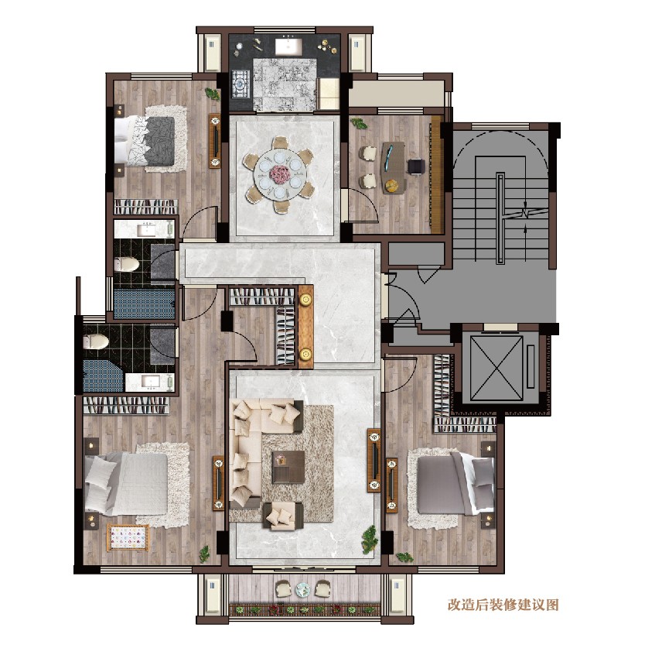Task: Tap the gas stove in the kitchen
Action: pyautogui.click(x=240, y=83)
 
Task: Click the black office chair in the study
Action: pyautogui.click(x=416, y=165)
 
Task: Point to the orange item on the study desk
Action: pyautogui.click(x=392, y=184)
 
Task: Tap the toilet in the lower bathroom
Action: pyautogui.click(x=96, y=341)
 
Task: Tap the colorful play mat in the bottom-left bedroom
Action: pyautogui.click(x=128, y=536)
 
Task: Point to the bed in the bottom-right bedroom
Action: pyautogui.click(x=452, y=484)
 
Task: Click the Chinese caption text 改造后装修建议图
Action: pyautogui.click(x=503, y=605)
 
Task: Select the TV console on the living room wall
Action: pyautogui.click(x=374, y=461)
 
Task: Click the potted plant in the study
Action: pyautogui.click(x=358, y=123)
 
